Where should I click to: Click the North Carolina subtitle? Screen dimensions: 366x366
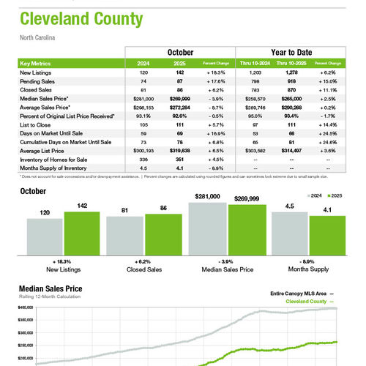pos(38,37)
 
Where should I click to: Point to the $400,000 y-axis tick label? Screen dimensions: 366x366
pos(28,309)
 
